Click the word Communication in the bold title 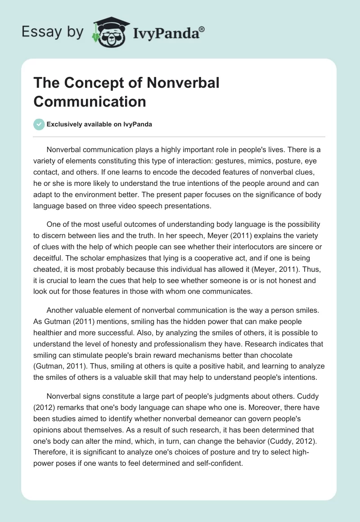tap(90, 101)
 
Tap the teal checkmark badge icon tap(39, 124)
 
